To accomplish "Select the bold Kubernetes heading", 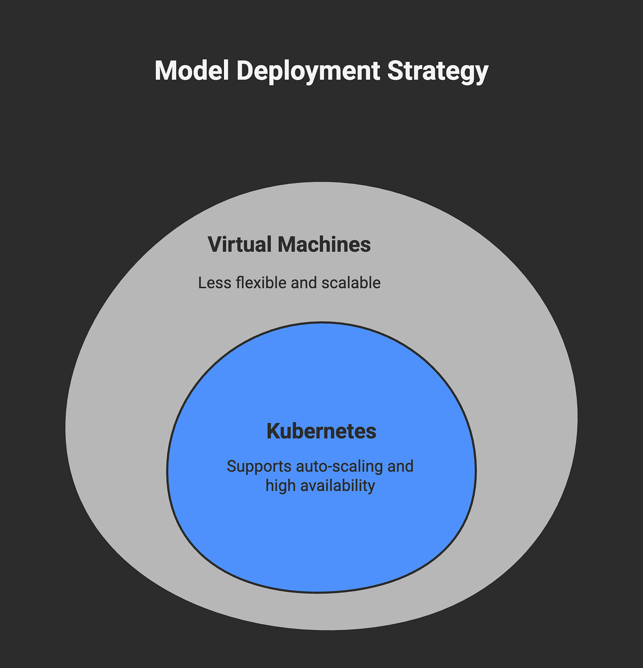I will pos(321,431).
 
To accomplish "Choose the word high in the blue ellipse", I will pos(281,486).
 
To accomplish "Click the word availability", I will pos(338,486).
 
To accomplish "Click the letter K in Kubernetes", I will pos(273,431).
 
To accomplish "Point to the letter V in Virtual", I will pos(214,244).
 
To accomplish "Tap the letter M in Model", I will pos(164,71).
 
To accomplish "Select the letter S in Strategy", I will pos(395,71).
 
